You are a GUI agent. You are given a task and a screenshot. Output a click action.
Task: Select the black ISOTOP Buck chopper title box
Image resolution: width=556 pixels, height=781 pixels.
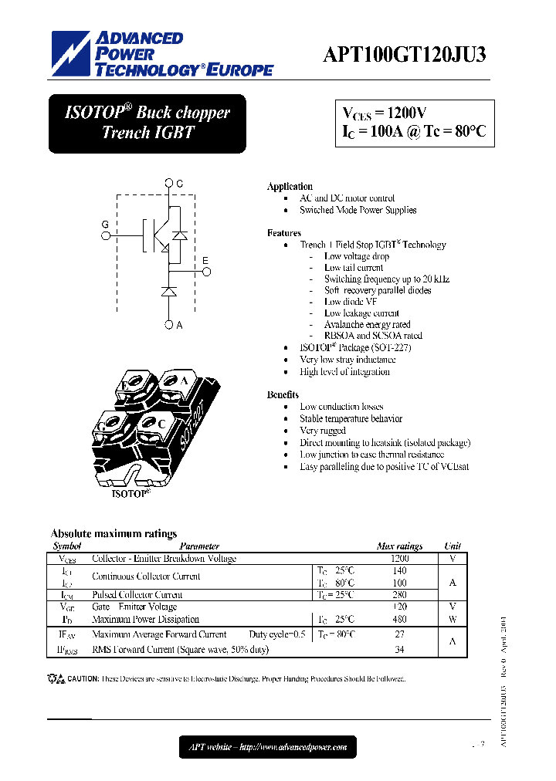[x=147, y=123]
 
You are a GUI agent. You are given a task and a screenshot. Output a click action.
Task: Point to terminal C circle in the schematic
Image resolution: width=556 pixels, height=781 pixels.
[x=169, y=184]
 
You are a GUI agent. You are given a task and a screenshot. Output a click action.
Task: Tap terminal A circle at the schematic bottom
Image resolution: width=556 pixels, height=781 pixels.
[x=169, y=325]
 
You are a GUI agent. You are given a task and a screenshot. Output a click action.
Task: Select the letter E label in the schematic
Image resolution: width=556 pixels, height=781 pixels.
[x=205, y=260]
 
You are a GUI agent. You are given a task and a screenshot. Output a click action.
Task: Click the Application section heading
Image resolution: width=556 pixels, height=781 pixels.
[x=290, y=187]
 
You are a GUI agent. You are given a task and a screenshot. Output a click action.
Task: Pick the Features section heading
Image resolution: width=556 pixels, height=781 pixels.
[x=284, y=233]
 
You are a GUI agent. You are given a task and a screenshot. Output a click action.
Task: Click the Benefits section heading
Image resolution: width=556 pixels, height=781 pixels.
[x=283, y=394]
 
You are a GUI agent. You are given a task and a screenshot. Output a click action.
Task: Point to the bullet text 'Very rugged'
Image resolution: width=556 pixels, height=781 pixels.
[x=323, y=431]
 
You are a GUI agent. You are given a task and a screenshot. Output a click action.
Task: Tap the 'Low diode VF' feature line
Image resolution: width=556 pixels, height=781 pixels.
[x=351, y=302]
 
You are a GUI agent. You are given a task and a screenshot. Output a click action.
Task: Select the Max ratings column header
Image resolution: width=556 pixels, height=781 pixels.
[x=399, y=546]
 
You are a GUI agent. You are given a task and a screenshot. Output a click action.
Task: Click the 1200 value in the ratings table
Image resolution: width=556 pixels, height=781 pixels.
[x=399, y=558]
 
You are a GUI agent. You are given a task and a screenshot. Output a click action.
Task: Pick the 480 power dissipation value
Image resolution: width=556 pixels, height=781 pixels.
[x=399, y=619]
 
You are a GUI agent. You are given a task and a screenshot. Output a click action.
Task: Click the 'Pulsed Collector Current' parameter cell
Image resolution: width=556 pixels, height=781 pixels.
[x=137, y=595]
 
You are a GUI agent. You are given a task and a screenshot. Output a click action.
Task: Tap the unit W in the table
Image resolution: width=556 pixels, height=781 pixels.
[x=453, y=619]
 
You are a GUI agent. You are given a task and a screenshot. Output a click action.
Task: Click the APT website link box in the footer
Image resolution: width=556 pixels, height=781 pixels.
[x=268, y=746]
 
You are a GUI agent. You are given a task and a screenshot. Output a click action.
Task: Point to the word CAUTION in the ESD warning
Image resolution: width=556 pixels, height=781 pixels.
[x=83, y=679]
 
